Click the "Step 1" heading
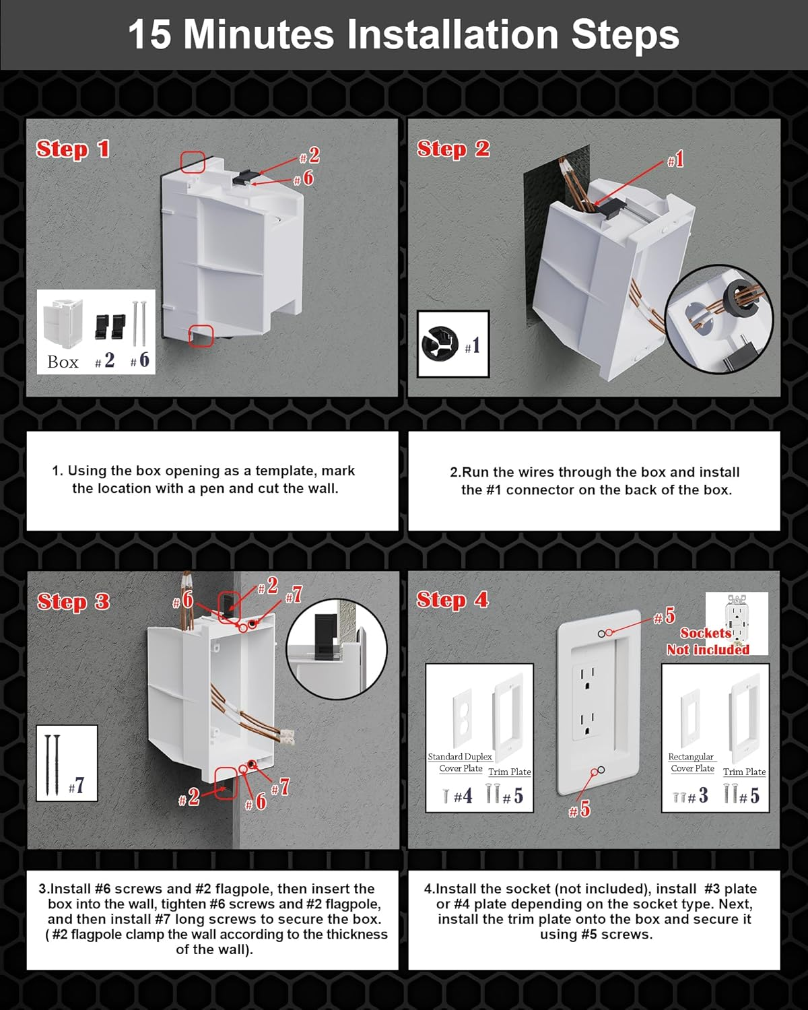pyautogui.click(x=73, y=149)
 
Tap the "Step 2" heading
pyautogui.click(x=453, y=149)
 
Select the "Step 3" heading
pyautogui.click(x=73, y=601)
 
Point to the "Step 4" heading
pyautogui.click(x=452, y=599)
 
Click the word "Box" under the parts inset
pyautogui.click(x=63, y=362)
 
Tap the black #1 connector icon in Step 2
pyautogui.click(x=440, y=344)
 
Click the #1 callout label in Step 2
pyautogui.click(x=675, y=159)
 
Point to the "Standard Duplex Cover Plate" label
pyautogui.click(x=461, y=762)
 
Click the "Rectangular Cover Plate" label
pyautogui.click(x=692, y=762)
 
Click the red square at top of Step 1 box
pyautogui.click(x=193, y=162)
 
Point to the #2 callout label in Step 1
pyautogui.click(x=310, y=156)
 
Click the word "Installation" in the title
pyautogui.click(x=452, y=34)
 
